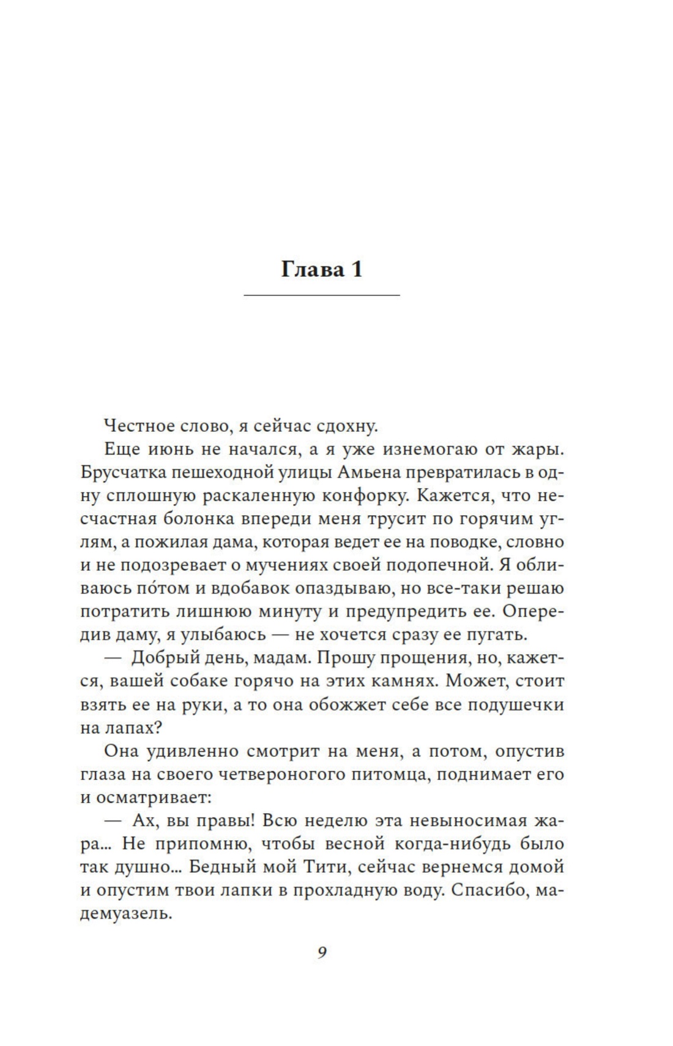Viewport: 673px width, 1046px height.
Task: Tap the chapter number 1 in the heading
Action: click(x=356, y=269)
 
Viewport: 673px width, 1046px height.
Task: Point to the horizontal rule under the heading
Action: click(x=321, y=296)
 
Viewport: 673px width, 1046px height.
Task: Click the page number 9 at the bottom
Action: click(x=322, y=953)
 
